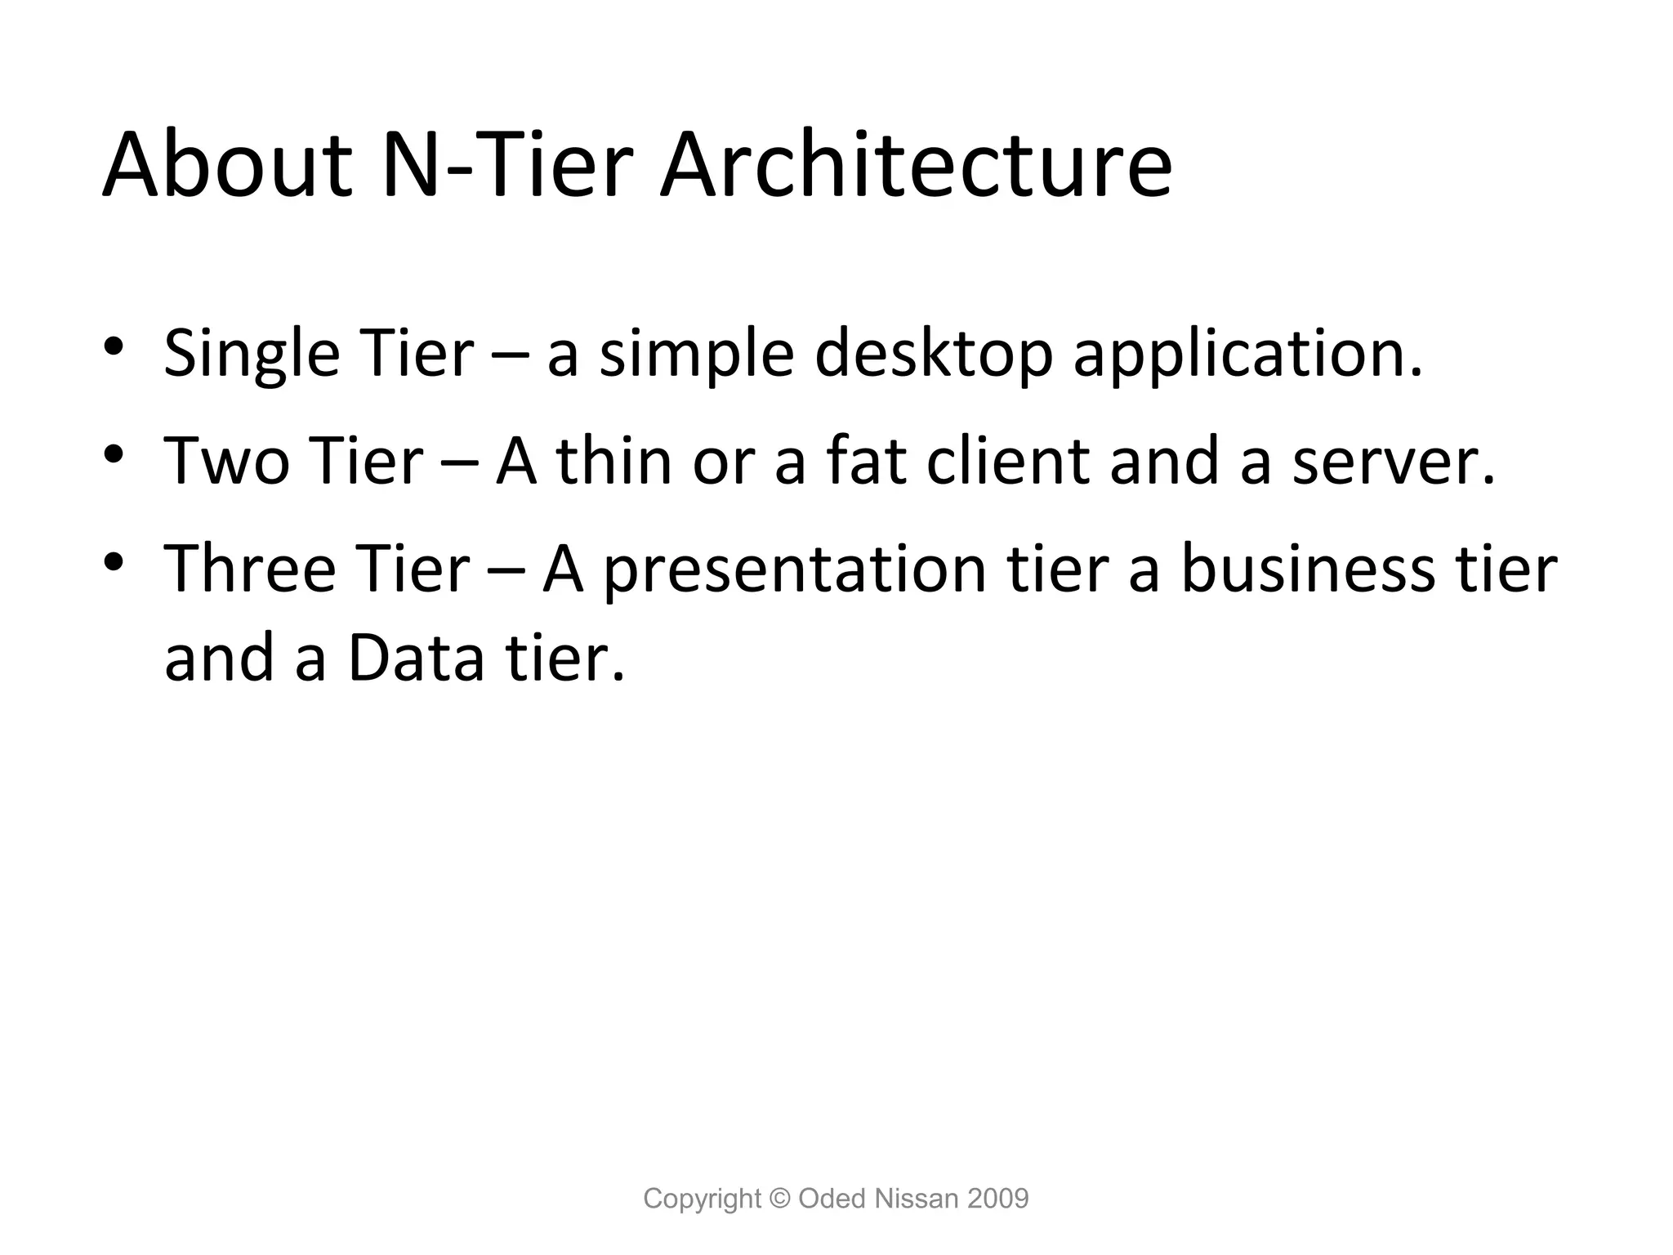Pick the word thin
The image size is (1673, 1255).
click(x=613, y=462)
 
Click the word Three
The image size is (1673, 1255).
click(x=250, y=569)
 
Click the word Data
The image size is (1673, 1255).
click(x=417, y=659)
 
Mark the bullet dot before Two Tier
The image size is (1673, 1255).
click(x=114, y=453)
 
